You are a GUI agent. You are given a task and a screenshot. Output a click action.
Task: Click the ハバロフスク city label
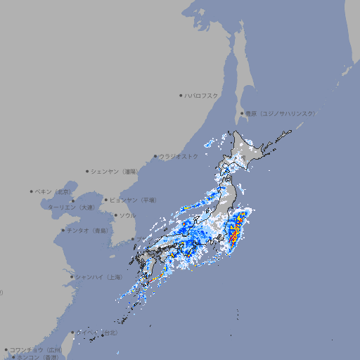tap(202, 95)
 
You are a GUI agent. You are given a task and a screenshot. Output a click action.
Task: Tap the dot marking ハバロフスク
tap(181, 95)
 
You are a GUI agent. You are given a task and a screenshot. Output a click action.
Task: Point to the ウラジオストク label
tap(179, 156)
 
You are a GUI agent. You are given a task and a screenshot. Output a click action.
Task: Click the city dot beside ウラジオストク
tap(155, 156)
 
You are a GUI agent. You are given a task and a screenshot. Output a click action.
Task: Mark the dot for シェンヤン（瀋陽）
tap(87, 171)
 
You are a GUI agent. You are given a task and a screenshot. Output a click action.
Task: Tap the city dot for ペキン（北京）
tap(32, 191)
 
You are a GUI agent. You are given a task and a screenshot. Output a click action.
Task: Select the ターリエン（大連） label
tap(70, 207)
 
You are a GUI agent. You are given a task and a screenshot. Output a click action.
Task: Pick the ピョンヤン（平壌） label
tap(133, 200)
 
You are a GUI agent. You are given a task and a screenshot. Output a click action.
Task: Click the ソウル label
tap(127, 215)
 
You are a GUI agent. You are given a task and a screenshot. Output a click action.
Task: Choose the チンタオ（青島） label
tap(88, 230)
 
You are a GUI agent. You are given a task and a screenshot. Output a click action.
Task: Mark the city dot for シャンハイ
tap(72, 277)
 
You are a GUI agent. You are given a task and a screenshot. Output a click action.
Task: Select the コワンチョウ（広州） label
tap(35, 349)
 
